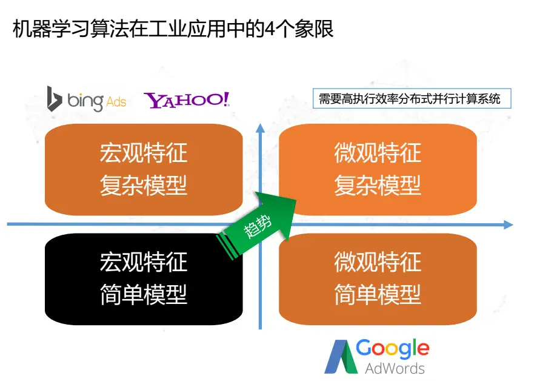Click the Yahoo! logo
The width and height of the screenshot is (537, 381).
coord(187,100)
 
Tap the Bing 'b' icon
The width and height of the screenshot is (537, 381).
coord(55,99)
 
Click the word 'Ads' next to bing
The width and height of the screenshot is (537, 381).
coord(116,101)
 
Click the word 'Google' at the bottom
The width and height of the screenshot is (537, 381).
coord(392,349)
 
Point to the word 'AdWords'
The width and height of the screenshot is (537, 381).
coord(395,368)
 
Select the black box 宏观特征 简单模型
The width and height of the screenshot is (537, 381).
coord(144,279)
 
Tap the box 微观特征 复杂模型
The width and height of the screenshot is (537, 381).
coord(377,169)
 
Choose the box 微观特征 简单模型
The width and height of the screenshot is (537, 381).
coord(377,279)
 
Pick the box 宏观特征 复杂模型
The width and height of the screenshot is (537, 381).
coord(144,169)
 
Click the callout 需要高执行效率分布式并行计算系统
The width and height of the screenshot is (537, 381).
coord(411,99)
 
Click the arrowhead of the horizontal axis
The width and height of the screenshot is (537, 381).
coord(508,224)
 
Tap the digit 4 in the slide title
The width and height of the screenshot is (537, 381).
coord(270,29)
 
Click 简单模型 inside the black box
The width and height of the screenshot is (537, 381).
coord(144,295)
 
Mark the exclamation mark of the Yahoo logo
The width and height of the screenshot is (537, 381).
coord(227,99)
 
